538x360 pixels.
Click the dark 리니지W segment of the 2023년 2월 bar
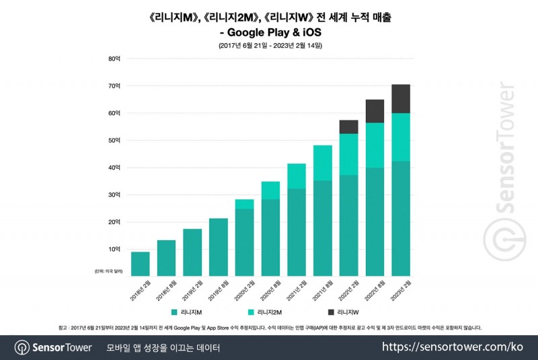tap(401, 99)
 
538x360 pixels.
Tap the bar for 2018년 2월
tap(141, 264)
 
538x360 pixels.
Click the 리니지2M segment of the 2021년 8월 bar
tap(323, 163)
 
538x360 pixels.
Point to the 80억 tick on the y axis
tap(114, 59)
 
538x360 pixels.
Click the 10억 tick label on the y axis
tap(114, 249)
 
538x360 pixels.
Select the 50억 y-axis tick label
tap(114, 140)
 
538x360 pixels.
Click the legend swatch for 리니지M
tap(174, 312)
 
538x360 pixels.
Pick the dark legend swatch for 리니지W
tap(331, 312)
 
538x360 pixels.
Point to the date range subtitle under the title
tap(270, 45)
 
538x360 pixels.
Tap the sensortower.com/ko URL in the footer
tap(453, 347)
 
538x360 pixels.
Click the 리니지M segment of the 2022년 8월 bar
tap(375, 222)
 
